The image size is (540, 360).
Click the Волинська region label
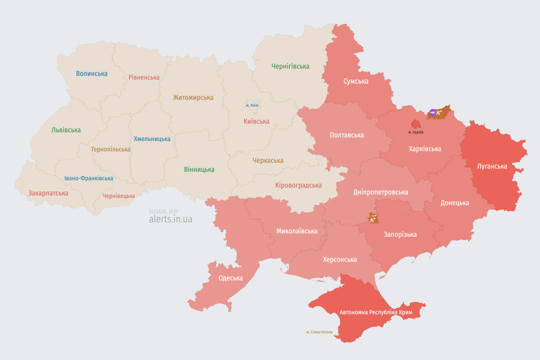coord(92,74)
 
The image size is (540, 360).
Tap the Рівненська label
coord(144,77)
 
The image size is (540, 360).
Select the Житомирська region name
coord(193,97)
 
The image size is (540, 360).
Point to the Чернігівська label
coord(290,66)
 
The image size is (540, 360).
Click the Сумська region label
coord(356,81)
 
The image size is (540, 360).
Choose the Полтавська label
coord(346,135)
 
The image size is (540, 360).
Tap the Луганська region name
coord(492,166)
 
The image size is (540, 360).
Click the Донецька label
coord(454,203)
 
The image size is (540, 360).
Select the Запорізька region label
coord(400,234)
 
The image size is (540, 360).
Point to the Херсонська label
coord(339,259)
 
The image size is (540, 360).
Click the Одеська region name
coord(230,278)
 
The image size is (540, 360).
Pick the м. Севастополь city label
coord(319,332)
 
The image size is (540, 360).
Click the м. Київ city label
coord(252,105)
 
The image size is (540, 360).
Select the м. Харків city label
coord(416,132)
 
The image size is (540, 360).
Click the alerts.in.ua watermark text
coord(170,219)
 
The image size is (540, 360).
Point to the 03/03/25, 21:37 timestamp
coord(163,212)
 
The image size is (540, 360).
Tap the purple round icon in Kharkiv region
coord(433,112)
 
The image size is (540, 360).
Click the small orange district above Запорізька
coord(373,218)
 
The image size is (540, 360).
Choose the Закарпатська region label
coord(48,193)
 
